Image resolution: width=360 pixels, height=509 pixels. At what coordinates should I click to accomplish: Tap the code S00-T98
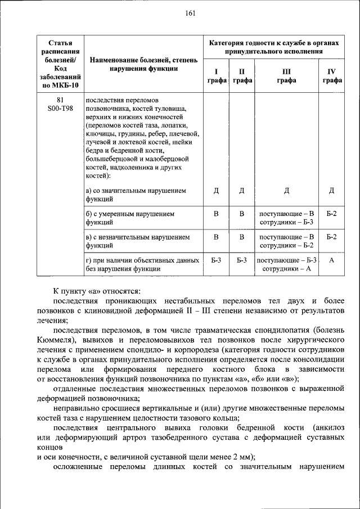pyautogui.click(x=60, y=109)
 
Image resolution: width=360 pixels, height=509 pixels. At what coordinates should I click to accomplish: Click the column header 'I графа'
pyautogui.click(x=216, y=76)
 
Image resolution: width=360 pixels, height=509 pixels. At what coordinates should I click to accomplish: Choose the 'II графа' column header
pyautogui.click(x=241, y=76)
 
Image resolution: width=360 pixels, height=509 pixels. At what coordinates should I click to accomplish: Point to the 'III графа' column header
pyautogui.click(x=286, y=76)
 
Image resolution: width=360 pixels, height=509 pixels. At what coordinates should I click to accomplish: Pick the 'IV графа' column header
pyautogui.click(x=331, y=76)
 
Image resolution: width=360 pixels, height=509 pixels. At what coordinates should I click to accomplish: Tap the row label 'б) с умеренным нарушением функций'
pyautogui.click(x=130, y=218)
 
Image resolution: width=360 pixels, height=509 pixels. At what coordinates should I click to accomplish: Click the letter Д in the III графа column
pyautogui.click(x=286, y=191)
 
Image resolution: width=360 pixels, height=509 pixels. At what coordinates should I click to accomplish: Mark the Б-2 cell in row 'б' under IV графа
pyautogui.click(x=331, y=214)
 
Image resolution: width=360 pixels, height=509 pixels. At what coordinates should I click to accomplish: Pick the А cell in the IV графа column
pyautogui.click(x=331, y=261)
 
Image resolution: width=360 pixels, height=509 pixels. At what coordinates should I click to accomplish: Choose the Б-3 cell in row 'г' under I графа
pyautogui.click(x=216, y=261)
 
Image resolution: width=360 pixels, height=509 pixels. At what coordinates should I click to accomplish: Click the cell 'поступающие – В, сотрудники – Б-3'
pyautogui.click(x=286, y=218)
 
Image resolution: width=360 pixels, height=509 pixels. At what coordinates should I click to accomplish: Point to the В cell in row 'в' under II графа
pyautogui.click(x=241, y=237)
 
